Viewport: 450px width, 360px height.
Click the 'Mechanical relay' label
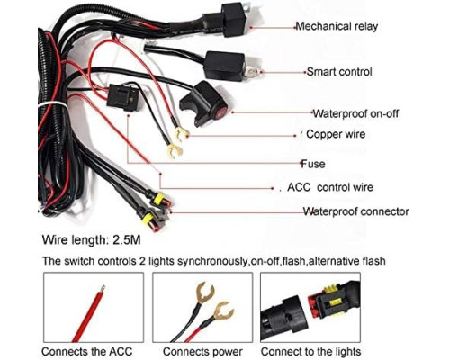click(x=337, y=26)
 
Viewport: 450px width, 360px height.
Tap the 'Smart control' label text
click(x=339, y=72)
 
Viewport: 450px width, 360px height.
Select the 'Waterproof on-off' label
click(x=356, y=113)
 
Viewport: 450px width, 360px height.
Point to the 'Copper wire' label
click(x=336, y=134)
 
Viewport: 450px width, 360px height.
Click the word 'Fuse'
click(x=313, y=164)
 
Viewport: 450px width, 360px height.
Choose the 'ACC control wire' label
click(x=330, y=187)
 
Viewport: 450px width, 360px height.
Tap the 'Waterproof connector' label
click(x=355, y=211)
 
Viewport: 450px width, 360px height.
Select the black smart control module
click(x=224, y=66)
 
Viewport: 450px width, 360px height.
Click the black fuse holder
click(x=123, y=97)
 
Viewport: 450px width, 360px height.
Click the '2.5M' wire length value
click(x=126, y=240)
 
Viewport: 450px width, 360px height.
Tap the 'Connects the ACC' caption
click(x=87, y=351)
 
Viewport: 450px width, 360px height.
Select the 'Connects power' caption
click(x=202, y=351)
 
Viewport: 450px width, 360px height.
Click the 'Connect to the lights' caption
click(x=310, y=351)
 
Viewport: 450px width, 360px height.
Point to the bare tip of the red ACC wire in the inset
click(x=103, y=289)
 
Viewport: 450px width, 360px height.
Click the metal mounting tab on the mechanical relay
click(x=247, y=5)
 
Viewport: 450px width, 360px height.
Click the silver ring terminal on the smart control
click(x=251, y=71)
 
